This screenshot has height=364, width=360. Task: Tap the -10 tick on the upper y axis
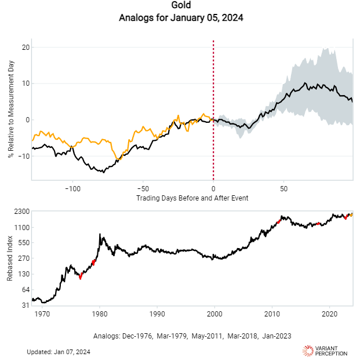tap(23, 156)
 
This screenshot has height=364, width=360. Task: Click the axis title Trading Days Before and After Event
tap(192, 198)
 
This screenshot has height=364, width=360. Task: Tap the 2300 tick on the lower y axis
tap(21, 212)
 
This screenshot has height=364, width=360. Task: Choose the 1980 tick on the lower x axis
tap(100, 313)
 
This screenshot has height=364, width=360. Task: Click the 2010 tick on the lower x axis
tap(272, 313)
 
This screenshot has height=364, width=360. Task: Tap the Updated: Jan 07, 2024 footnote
tap(59, 352)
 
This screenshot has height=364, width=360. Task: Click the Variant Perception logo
tap(325, 351)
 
